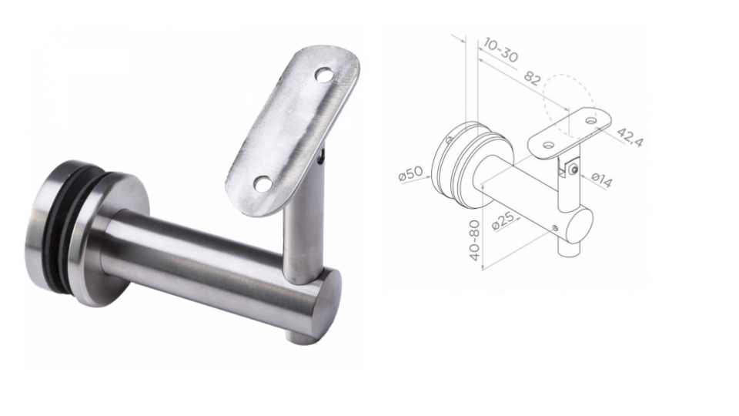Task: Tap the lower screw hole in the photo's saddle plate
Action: coord(262,183)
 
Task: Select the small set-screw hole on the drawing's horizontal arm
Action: coord(555,226)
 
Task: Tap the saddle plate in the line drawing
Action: coord(570,129)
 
